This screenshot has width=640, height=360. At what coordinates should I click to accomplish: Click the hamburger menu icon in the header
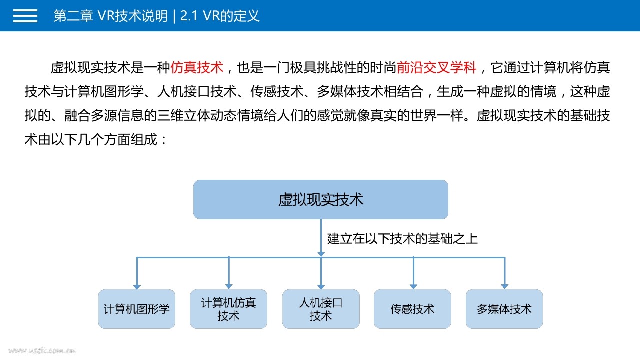[25, 15]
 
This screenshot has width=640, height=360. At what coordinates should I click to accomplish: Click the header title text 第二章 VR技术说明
[110, 16]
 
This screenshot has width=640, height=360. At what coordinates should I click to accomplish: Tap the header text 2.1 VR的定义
[220, 16]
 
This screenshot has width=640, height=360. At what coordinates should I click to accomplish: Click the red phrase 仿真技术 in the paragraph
[197, 67]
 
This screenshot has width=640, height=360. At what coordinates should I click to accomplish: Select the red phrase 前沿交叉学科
[436, 67]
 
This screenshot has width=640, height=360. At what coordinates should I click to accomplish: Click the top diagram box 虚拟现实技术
[321, 199]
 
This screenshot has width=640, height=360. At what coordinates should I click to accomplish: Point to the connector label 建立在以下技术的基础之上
[402, 239]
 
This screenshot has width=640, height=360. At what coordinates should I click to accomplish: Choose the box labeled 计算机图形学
[137, 309]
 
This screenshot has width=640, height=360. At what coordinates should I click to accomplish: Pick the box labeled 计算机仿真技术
[228, 309]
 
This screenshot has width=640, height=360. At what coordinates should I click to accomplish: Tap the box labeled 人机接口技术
[321, 309]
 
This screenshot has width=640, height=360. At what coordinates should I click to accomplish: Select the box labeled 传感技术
[412, 309]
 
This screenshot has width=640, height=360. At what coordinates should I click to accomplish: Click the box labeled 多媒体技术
[504, 309]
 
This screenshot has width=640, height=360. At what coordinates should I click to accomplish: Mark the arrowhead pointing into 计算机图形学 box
[137, 287]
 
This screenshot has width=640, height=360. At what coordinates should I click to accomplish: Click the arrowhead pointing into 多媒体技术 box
[505, 286]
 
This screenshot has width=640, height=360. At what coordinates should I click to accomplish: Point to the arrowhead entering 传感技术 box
[413, 286]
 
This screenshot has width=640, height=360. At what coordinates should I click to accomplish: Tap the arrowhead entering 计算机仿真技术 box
[229, 286]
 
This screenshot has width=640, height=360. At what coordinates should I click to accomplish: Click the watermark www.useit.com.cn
[42, 350]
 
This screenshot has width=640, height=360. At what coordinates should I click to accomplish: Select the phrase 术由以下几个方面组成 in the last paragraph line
[91, 139]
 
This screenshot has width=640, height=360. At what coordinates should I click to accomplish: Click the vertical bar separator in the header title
[174, 16]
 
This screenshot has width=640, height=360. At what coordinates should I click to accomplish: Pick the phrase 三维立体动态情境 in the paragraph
[210, 115]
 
